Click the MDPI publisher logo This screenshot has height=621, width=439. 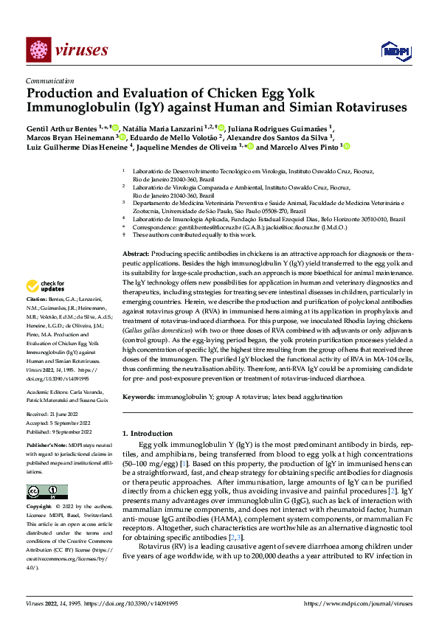tap(391, 49)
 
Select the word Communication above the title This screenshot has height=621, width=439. tap(49, 81)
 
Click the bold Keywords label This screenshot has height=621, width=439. tap(139, 398)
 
